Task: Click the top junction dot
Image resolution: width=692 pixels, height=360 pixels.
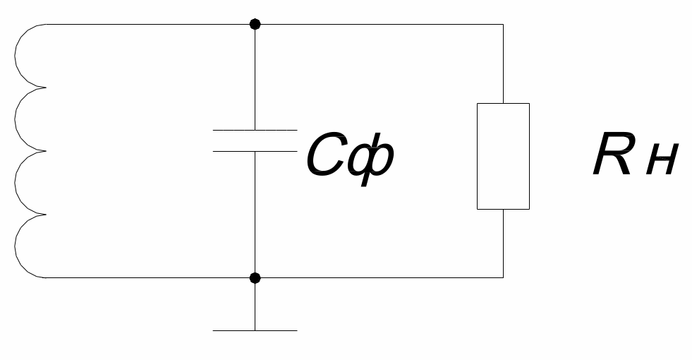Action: (x=255, y=24)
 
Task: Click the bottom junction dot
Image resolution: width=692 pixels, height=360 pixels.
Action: (x=255, y=278)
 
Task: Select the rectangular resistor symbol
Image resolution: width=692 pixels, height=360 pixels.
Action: (x=503, y=157)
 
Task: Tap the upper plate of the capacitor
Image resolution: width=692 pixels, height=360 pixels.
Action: (x=255, y=130)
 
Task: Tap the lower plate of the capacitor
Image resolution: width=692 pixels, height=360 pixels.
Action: (x=255, y=152)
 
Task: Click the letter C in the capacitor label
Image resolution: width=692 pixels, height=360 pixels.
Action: (x=325, y=155)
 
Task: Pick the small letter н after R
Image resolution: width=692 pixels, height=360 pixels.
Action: (x=662, y=161)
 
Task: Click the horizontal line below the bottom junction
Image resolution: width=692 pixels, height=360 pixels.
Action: (x=255, y=330)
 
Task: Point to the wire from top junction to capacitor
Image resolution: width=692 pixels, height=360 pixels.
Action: (x=255, y=78)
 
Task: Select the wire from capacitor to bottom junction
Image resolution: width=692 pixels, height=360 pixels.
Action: (x=255, y=215)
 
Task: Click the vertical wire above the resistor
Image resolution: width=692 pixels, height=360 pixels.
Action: (x=503, y=64)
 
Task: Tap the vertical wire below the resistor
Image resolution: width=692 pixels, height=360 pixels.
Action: (x=503, y=244)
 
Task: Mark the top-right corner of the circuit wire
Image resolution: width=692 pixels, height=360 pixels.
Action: (x=503, y=24)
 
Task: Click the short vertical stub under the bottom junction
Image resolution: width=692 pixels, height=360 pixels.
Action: (x=255, y=304)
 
